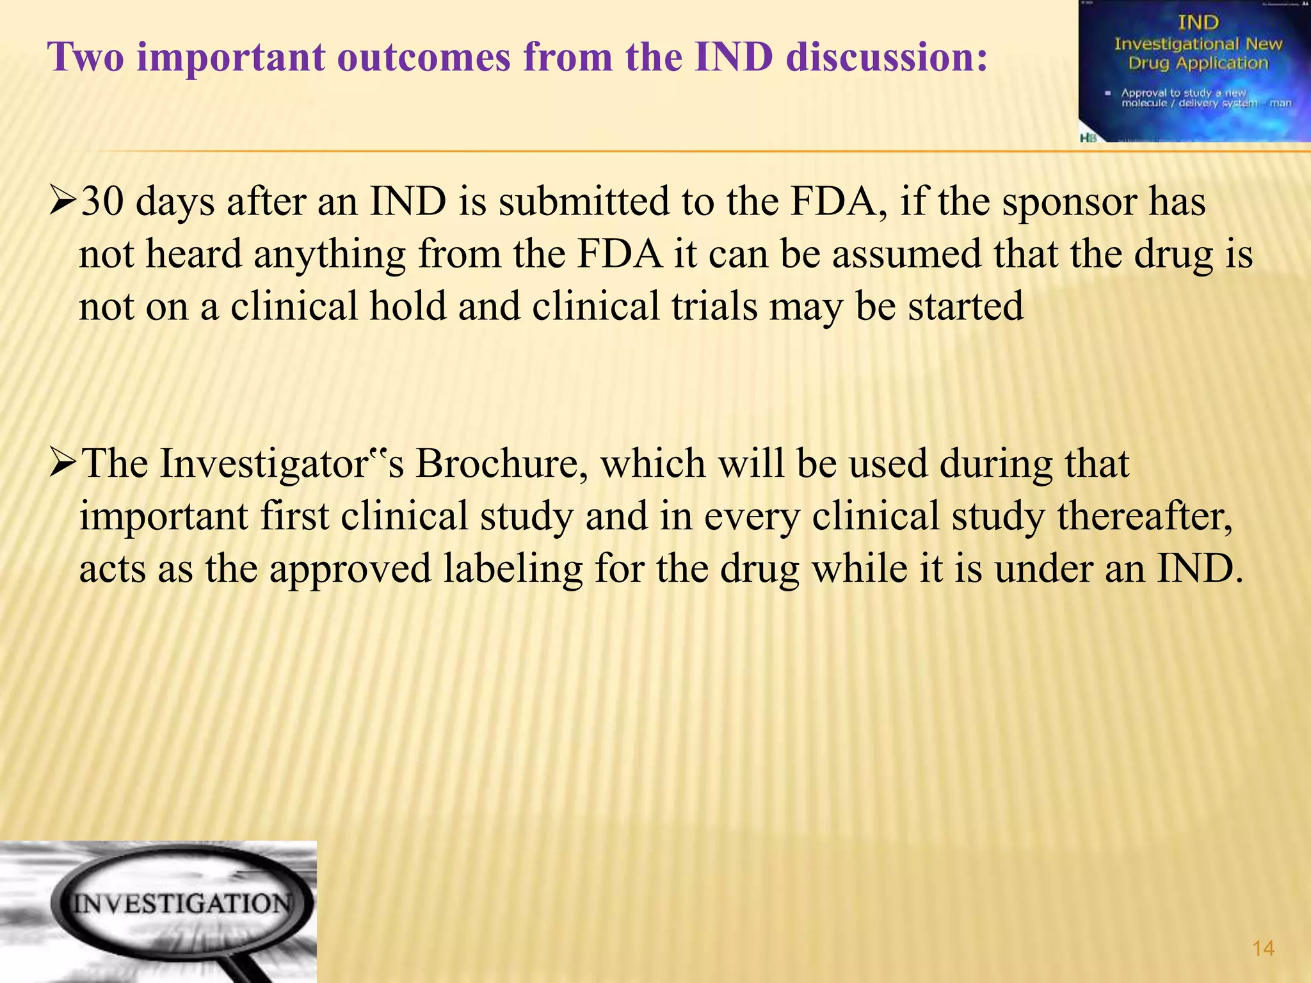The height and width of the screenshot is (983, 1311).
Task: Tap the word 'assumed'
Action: pos(906,253)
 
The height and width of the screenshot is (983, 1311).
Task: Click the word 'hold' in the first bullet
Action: pos(408,306)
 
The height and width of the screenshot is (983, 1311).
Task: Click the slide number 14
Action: pos(1263,948)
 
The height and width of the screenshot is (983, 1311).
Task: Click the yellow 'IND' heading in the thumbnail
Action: pos(1198,22)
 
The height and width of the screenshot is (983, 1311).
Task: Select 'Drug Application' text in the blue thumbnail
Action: pos(1198,63)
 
